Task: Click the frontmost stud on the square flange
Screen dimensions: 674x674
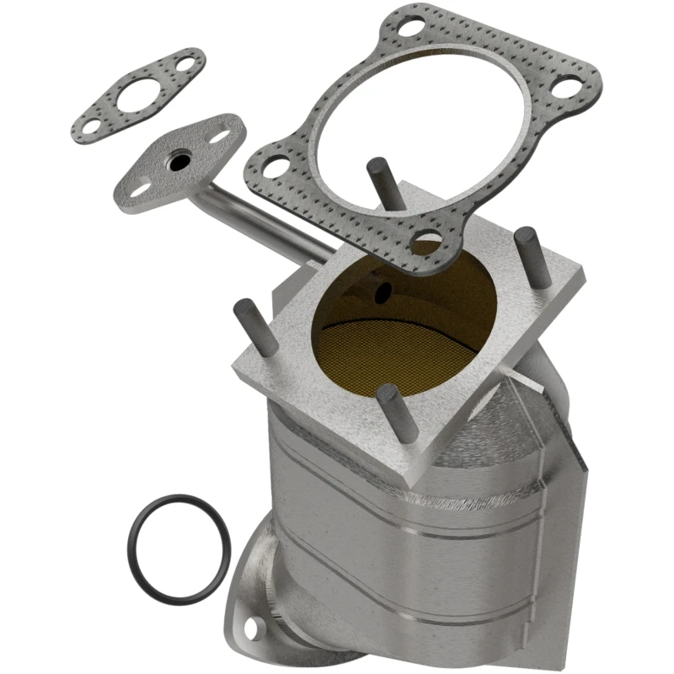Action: point(389,411)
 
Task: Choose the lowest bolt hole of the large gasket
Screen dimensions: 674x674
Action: point(429,239)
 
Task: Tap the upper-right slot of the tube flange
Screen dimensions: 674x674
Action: point(223,134)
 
